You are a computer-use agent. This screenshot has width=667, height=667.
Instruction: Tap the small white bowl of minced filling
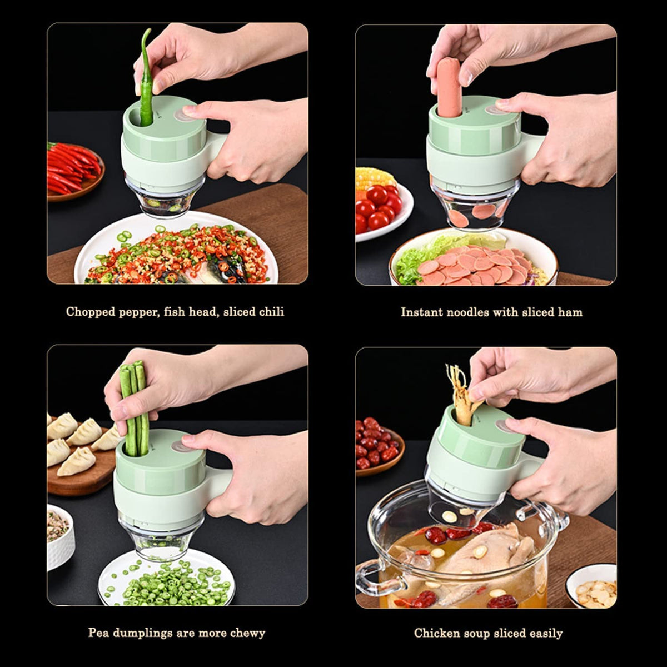coord(59,536)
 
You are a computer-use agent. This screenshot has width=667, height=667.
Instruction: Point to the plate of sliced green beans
coord(167,581)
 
